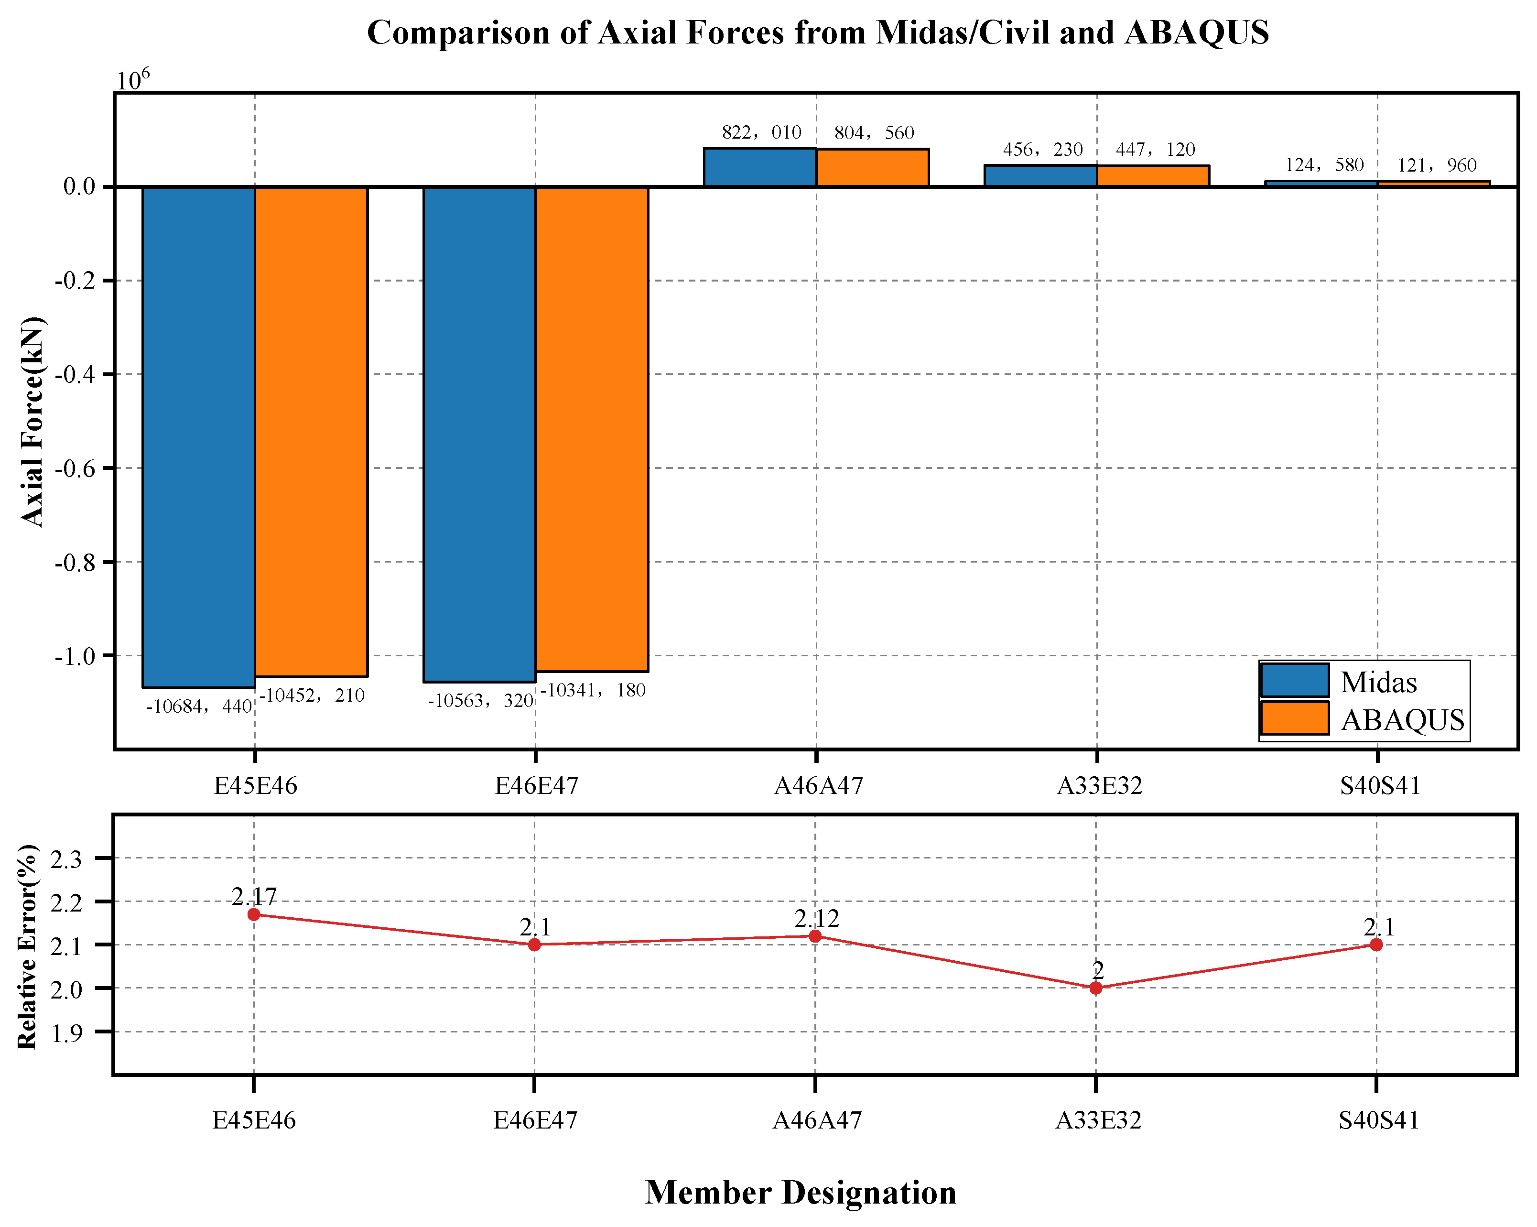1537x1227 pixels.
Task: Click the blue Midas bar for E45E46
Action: (x=199, y=437)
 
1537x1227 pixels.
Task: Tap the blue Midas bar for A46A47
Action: (x=760, y=168)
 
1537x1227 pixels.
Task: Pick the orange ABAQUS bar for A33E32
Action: (x=1153, y=176)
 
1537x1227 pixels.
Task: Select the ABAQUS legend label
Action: (x=1402, y=720)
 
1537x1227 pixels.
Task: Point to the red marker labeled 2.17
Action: (x=254, y=915)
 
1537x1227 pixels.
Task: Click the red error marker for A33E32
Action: (x=1096, y=988)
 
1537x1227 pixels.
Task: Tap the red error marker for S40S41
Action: (x=1376, y=945)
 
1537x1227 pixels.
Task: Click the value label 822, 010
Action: (x=761, y=132)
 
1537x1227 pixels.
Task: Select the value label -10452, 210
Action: (x=312, y=695)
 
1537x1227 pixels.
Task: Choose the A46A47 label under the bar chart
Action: (x=818, y=786)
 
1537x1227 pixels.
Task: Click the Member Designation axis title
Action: (x=801, y=1192)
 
